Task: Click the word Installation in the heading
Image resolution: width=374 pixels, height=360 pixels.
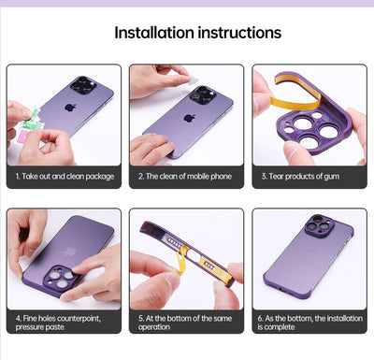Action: [154, 33]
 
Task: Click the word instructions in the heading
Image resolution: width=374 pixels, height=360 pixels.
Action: [240, 33]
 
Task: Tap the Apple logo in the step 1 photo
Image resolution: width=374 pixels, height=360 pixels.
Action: [70, 108]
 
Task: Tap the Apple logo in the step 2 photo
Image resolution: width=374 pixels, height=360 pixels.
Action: [189, 119]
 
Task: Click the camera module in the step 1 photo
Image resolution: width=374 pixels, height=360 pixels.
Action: [83, 84]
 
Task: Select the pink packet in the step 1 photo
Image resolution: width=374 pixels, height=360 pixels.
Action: [22, 137]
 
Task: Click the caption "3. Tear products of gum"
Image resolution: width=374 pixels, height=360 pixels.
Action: [300, 177]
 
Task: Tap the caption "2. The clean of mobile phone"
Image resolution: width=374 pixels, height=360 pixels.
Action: [185, 177]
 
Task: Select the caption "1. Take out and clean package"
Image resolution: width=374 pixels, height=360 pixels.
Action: [65, 177]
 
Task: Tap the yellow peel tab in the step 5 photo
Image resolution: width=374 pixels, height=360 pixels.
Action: [180, 258]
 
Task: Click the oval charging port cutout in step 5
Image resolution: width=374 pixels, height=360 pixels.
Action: [194, 256]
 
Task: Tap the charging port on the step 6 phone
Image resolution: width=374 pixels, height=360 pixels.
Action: [282, 290]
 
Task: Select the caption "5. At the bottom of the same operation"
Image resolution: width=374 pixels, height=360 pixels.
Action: [185, 323]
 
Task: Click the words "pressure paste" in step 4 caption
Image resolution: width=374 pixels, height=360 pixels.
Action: [40, 327]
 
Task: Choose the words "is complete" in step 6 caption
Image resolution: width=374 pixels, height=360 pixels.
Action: [276, 327]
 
